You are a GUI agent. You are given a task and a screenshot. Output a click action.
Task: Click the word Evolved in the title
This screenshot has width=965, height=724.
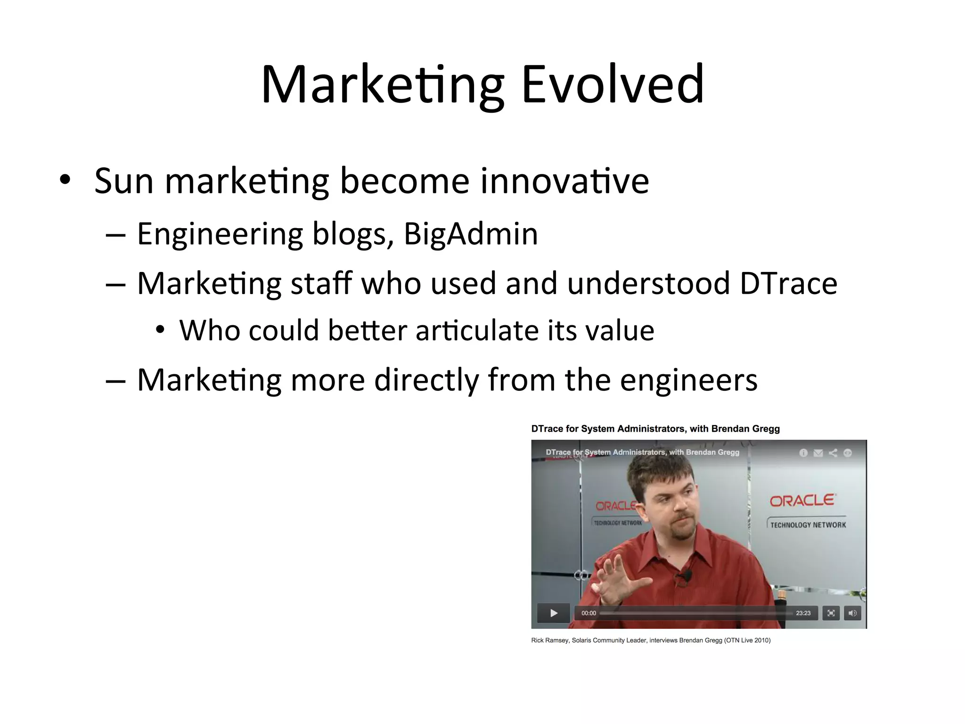pos(613,85)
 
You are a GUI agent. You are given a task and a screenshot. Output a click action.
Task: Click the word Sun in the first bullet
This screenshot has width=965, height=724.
pos(124,181)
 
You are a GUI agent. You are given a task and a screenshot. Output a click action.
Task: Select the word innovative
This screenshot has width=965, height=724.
pos(564,181)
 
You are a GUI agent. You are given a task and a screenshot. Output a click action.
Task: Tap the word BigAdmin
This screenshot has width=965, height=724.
pos(471,234)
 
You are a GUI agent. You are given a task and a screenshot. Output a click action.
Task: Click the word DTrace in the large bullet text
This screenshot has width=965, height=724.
pos(788,284)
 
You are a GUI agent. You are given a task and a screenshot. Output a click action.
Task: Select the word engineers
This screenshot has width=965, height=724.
pos(688,380)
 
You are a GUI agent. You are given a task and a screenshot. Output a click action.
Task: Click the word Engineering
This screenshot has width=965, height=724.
pos(220,234)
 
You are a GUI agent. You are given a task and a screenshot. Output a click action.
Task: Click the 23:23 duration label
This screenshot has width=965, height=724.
pos(803,613)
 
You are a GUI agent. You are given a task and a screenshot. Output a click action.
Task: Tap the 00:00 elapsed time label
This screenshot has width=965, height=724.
pos(589,613)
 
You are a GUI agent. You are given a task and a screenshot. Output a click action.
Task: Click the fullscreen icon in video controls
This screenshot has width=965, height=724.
pos(831,613)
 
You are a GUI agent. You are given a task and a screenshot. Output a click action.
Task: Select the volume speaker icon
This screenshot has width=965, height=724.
pos(852,613)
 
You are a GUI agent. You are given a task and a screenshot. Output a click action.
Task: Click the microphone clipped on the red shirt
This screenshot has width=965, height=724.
pos(687,576)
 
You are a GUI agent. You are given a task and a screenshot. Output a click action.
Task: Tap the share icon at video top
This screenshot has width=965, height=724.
pos(833,453)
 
